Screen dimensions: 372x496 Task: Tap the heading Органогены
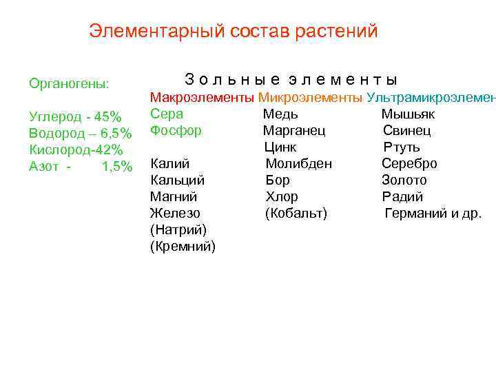pos(68,84)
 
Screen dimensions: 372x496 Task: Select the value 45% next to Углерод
pos(108,115)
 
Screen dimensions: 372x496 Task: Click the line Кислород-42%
pos(76,149)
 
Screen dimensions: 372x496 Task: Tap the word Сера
pos(167,114)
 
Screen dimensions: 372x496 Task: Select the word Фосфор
pos(176,130)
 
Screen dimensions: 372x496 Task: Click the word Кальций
pos(177,180)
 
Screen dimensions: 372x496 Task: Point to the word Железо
pos(175,214)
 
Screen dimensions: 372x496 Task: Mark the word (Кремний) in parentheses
pos(183,247)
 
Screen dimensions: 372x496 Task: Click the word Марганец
pos(294,130)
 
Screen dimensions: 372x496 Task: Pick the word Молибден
pos(299,164)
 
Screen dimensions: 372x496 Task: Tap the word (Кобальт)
pos(296,214)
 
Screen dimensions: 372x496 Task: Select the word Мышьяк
pos(408,114)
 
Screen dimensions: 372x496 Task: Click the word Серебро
pos(409,164)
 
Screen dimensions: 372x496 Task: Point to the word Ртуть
pos(402,147)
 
